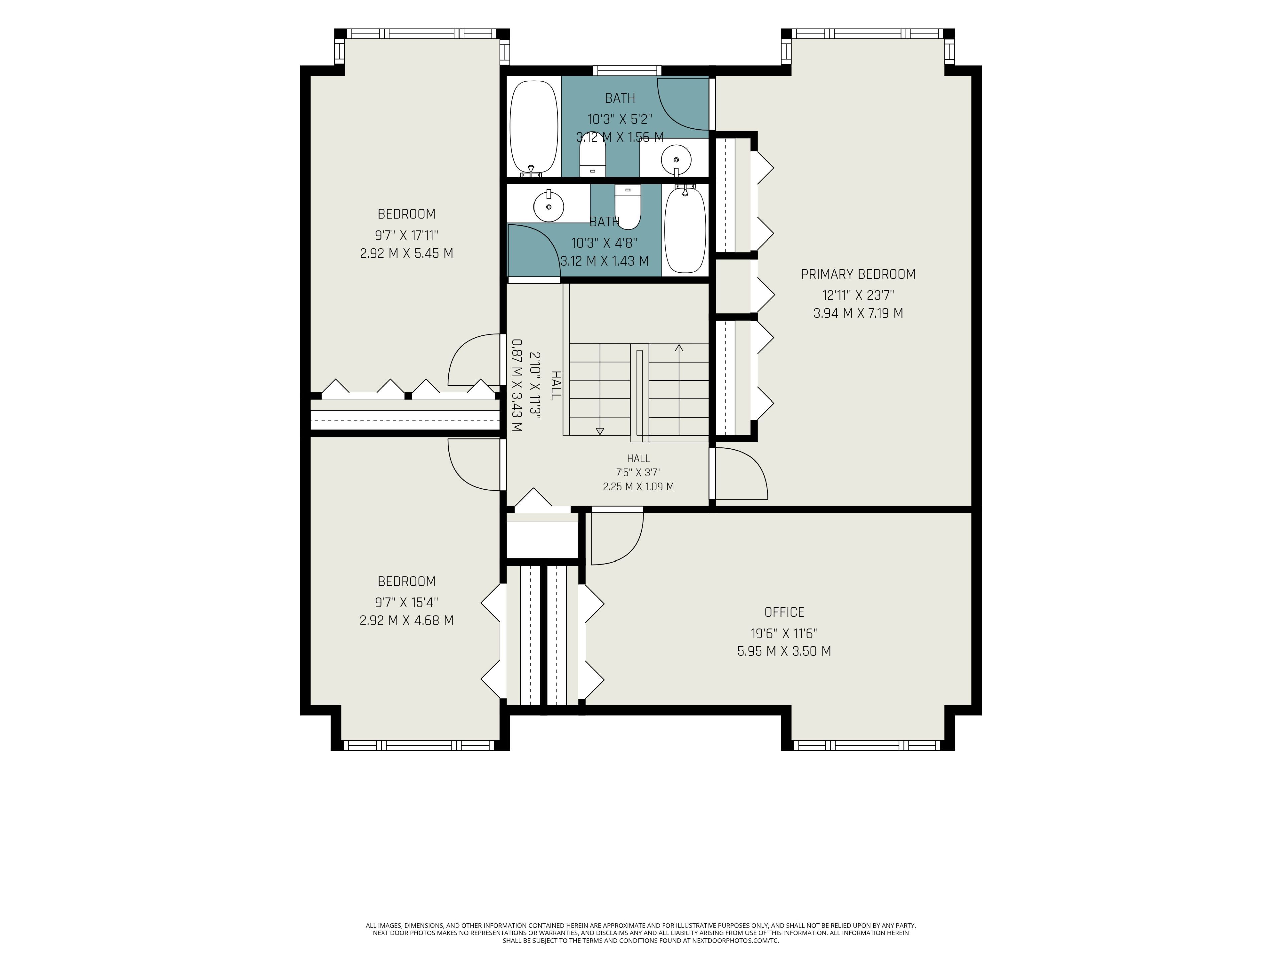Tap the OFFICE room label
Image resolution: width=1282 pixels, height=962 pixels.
pos(784,612)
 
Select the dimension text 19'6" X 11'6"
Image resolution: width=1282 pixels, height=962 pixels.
pos(784,633)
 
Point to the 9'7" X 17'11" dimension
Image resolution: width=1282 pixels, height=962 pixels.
pos(406,235)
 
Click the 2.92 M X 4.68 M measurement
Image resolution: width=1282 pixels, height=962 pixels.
pos(406,621)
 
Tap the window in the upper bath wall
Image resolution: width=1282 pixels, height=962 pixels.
pos(627,71)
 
